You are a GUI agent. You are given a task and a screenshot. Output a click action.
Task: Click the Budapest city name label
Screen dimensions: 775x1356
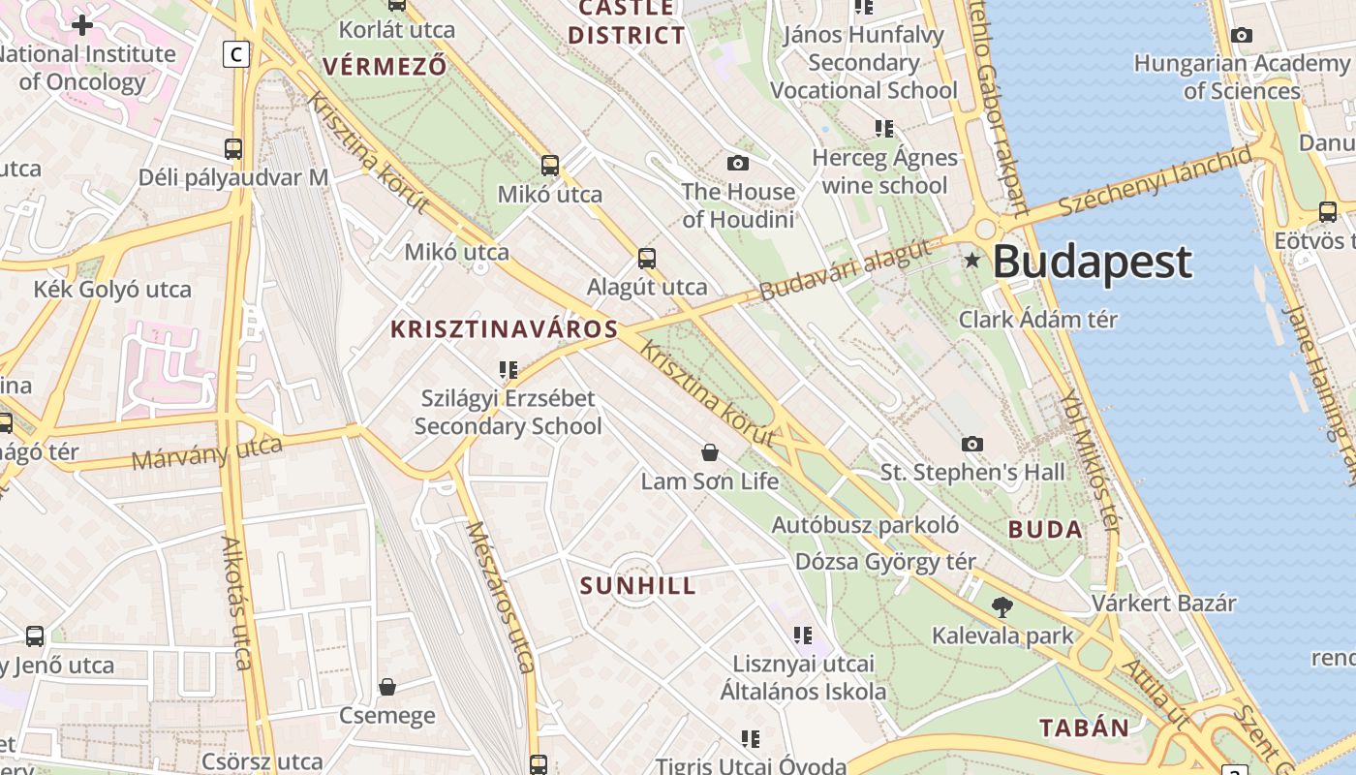pyautogui.click(x=1092, y=262)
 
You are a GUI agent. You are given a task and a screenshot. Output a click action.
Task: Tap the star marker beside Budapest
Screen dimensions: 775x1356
pyautogui.click(x=972, y=260)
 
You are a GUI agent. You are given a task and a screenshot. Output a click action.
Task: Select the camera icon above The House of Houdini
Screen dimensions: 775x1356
pyautogui.click(x=738, y=163)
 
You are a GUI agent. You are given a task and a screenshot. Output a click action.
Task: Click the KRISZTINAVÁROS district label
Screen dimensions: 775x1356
pyautogui.click(x=504, y=329)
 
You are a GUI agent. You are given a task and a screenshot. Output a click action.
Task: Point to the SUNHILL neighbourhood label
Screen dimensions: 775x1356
pyautogui.click(x=638, y=586)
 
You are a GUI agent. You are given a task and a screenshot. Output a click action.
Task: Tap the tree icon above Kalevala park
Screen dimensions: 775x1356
pyautogui.click(x=1002, y=607)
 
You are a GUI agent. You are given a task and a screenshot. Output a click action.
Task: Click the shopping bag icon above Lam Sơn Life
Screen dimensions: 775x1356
pyautogui.click(x=710, y=452)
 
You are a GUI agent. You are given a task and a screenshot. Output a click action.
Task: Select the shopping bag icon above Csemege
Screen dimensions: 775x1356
pyautogui.click(x=387, y=687)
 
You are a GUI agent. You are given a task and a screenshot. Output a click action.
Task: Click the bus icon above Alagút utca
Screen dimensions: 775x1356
pyautogui.click(x=647, y=259)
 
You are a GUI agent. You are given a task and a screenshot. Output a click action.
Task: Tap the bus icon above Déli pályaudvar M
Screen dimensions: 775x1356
pyautogui.click(x=233, y=149)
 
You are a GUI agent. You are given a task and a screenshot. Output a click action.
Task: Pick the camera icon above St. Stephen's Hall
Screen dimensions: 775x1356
pyautogui.click(x=972, y=444)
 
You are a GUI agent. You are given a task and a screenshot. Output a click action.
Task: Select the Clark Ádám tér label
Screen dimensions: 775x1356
pyautogui.click(x=1038, y=320)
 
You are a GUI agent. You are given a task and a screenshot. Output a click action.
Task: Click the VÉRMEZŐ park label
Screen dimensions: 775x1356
pyautogui.click(x=385, y=67)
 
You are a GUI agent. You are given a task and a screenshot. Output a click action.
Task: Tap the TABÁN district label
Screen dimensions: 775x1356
pyautogui.click(x=1084, y=728)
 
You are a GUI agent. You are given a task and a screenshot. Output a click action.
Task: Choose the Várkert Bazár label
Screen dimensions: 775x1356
pyautogui.click(x=1164, y=603)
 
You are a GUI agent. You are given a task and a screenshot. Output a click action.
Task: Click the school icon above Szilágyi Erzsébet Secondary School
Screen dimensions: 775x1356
pyautogui.click(x=508, y=370)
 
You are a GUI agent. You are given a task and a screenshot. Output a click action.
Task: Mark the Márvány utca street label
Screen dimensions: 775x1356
pyautogui.click(x=206, y=452)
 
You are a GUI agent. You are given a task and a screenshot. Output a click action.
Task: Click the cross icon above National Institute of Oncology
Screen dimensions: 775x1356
pyautogui.click(x=82, y=25)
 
